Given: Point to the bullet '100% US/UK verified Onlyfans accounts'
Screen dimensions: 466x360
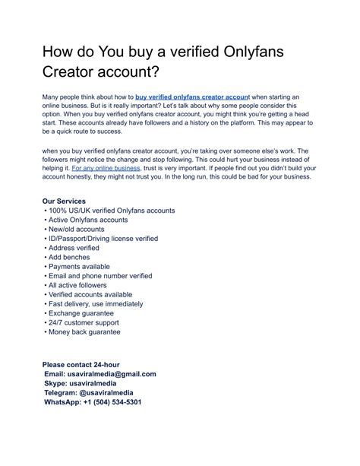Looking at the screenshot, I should point(110,210).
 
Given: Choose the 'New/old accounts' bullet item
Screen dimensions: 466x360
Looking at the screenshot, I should point(76,229).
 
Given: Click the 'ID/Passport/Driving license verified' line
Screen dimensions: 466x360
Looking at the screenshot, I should point(103,239).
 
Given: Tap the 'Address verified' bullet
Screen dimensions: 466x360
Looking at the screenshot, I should point(74,248).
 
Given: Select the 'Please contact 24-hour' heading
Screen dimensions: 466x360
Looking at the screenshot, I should point(81,365).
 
